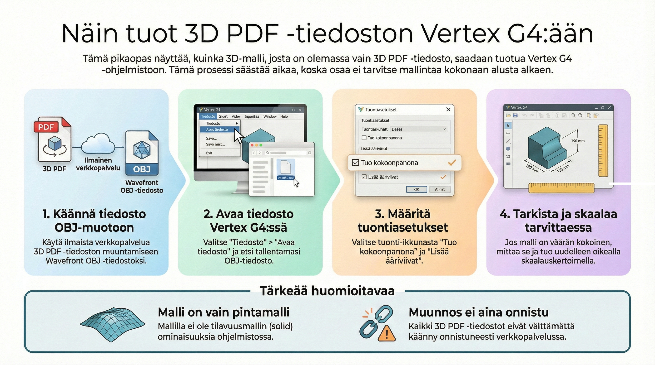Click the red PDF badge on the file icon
click(x=46, y=127)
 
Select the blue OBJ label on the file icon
click(x=142, y=169)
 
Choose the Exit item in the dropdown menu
click(x=209, y=153)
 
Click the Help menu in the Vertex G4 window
click(x=284, y=116)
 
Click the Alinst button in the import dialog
click(x=440, y=189)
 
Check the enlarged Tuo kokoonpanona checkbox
click(x=355, y=163)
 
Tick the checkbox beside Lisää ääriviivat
click(x=364, y=177)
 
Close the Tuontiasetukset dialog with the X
click(x=448, y=109)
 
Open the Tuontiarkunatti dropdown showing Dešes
click(x=418, y=129)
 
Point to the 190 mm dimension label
click(x=578, y=141)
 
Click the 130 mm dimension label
click(x=532, y=168)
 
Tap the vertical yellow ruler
click(x=603, y=150)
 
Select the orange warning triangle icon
click(x=387, y=334)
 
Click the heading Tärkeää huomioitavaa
click(x=327, y=291)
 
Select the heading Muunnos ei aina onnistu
click(x=478, y=312)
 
